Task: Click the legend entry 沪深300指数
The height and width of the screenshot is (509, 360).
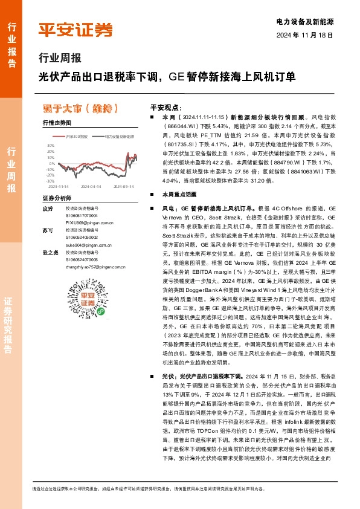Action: [x=76, y=137]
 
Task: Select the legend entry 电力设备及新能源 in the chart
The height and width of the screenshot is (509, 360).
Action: [x=118, y=137]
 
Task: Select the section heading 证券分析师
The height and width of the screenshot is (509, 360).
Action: [x=57, y=198]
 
